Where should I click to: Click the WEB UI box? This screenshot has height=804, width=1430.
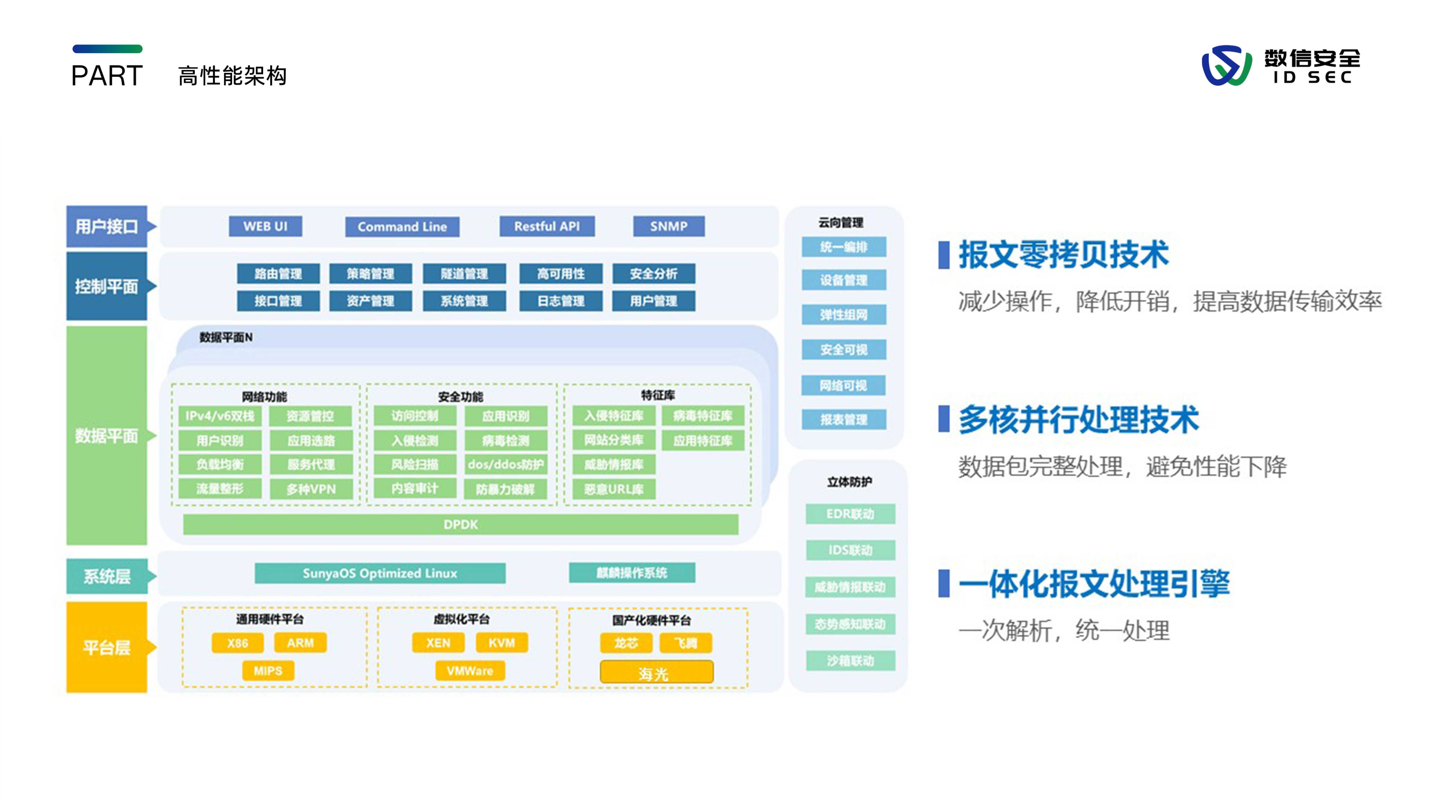click(x=265, y=226)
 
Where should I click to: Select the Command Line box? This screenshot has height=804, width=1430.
click(x=402, y=226)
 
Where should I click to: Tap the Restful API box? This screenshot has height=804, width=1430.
click(x=547, y=226)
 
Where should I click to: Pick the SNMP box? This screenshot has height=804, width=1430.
click(x=669, y=226)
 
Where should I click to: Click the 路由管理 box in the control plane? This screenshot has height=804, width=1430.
click(x=278, y=273)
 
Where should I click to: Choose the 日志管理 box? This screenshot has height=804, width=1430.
click(x=561, y=301)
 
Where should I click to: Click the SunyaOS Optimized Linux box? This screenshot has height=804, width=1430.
click(x=380, y=573)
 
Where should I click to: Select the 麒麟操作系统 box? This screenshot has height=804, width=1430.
click(x=632, y=573)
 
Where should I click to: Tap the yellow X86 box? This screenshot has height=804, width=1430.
click(x=238, y=643)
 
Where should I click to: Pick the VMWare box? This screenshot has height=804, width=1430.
click(x=470, y=671)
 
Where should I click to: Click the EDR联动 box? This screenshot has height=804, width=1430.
click(x=850, y=514)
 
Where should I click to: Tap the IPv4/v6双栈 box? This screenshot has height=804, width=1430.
click(x=220, y=416)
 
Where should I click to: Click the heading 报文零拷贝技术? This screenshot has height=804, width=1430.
click(x=1063, y=255)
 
